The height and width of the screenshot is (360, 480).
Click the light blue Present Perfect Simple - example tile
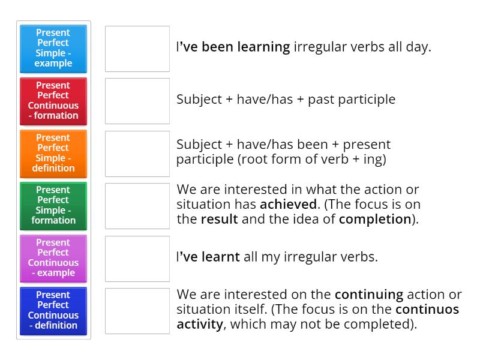(x=53, y=48)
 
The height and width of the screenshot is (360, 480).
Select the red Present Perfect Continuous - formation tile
(x=53, y=100)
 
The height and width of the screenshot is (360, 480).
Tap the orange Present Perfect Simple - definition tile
(x=53, y=152)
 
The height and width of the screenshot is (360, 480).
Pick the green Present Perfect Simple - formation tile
(x=53, y=205)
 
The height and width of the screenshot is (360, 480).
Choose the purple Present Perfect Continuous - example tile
(x=53, y=257)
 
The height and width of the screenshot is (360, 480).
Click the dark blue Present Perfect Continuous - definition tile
(x=53, y=310)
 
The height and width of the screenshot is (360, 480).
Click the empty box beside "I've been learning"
(x=137, y=49)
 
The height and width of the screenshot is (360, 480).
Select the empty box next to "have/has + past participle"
(x=137, y=101)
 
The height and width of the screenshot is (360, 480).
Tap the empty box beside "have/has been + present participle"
(x=137, y=153)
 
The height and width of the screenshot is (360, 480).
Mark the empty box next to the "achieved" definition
(x=137, y=206)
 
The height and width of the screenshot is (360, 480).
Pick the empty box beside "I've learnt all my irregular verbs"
(x=137, y=258)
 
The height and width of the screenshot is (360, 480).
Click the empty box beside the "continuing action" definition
(x=137, y=311)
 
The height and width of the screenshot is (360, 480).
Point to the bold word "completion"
(x=374, y=218)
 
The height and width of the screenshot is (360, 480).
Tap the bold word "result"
(x=220, y=218)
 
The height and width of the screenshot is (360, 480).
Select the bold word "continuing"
(x=368, y=295)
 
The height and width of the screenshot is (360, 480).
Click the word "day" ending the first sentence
(x=418, y=47)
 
